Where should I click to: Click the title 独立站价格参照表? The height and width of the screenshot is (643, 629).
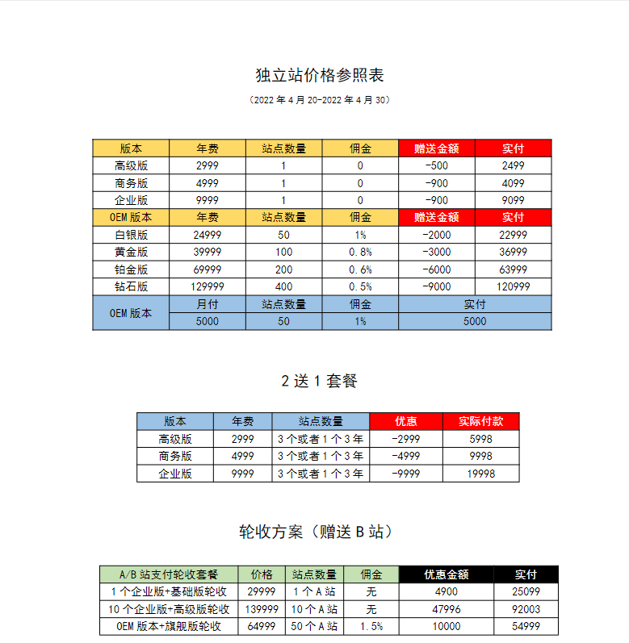tap(319, 76)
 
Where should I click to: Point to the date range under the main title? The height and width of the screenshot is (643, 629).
tap(320, 101)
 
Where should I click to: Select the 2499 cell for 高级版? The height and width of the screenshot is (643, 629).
tap(513, 165)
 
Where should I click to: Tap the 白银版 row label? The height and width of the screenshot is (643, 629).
tap(131, 235)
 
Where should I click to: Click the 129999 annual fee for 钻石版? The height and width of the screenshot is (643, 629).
tap(208, 286)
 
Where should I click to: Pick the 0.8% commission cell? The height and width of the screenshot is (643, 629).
tap(360, 252)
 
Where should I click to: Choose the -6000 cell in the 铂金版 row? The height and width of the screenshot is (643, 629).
tap(437, 269)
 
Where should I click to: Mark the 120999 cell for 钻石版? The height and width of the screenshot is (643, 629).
tap(513, 286)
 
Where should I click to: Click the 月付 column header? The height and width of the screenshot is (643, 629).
tap(208, 304)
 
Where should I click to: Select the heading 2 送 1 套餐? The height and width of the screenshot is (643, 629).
tap(319, 381)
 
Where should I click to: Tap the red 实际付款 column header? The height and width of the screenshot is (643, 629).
tap(480, 421)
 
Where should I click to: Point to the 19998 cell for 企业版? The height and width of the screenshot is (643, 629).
tap(480, 474)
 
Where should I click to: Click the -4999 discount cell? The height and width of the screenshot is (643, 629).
tap(405, 456)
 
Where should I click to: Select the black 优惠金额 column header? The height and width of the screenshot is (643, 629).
tap(446, 574)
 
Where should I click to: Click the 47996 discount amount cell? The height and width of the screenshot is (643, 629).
tap(446, 609)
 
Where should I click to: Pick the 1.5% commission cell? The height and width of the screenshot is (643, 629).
tap(371, 626)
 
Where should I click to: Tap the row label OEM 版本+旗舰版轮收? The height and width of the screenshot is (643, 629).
tap(169, 626)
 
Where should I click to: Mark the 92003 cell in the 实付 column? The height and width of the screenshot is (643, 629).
tap(526, 609)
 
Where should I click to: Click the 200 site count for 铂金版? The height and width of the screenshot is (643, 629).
tap(283, 269)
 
